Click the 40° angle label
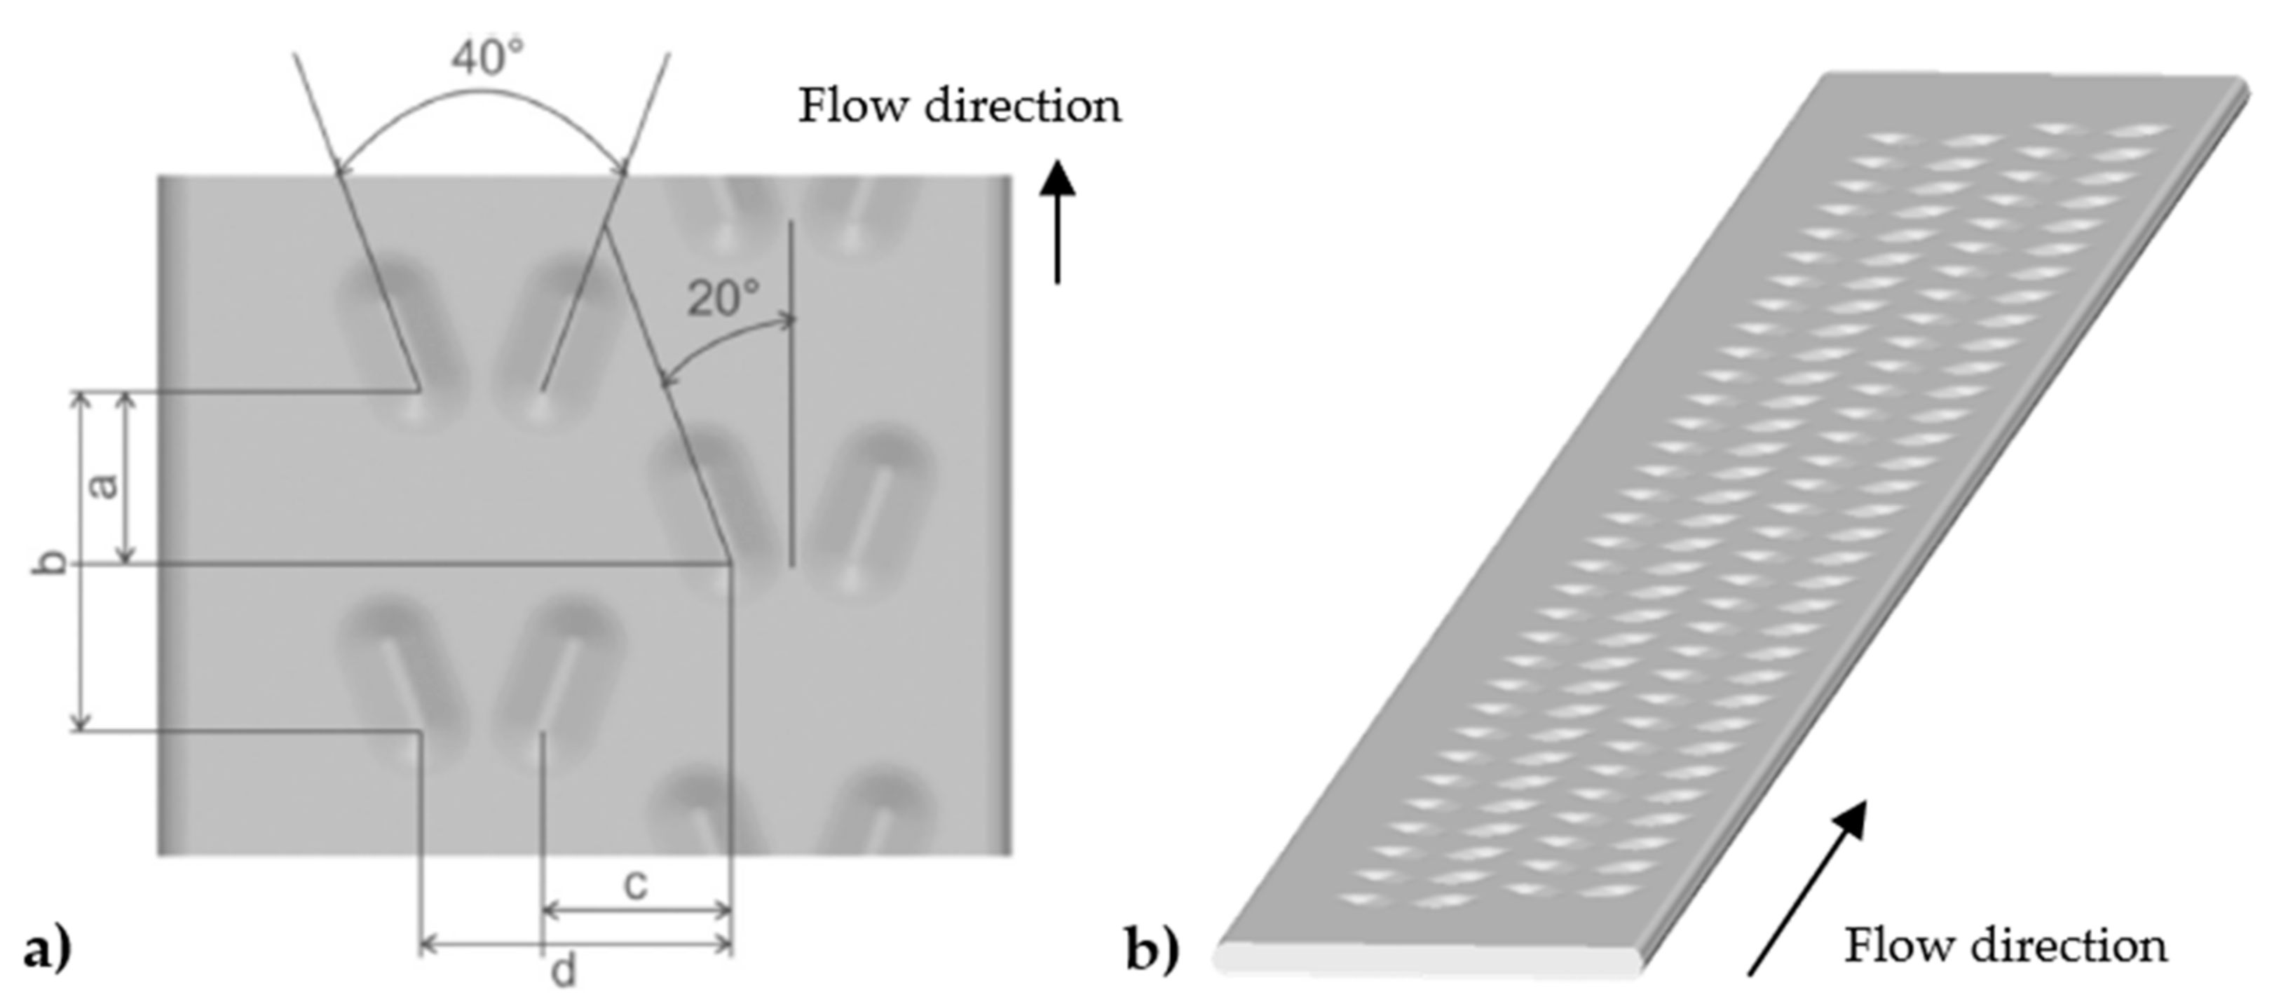(x=487, y=58)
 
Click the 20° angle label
(x=723, y=299)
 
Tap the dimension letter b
(x=50, y=562)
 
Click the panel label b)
(x=1152, y=950)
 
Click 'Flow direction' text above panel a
(x=960, y=106)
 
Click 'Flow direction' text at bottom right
(x=2006, y=946)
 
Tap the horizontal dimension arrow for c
(x=637, y=909)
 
